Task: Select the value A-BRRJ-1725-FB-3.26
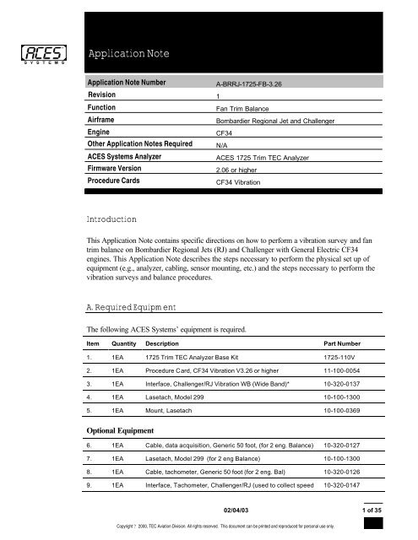tap(258, 109)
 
